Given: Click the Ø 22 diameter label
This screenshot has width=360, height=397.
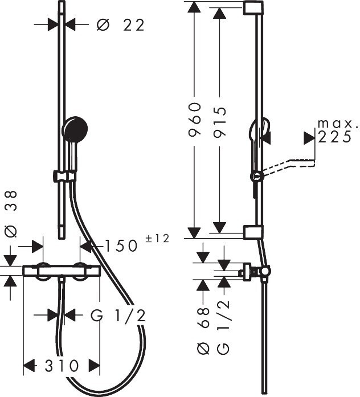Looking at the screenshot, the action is (x=121, y=25).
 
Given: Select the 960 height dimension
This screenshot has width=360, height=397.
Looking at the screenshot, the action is (x=195, y=120).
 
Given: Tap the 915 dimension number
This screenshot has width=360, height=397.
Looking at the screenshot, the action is (x=219, y=122).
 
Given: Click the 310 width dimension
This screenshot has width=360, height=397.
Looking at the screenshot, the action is (x=62, y=366).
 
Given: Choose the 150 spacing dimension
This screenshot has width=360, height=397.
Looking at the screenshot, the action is (x=121, y=246).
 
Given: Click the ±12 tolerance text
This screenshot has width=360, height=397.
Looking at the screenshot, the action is (x=157, y=239).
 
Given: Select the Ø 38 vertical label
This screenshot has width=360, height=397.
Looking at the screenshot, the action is (x=11, y=214).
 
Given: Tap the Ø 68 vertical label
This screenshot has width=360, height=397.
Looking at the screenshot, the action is (x=203, y=331).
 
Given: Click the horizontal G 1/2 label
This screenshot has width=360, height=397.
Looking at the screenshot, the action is (x=118, y=316).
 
